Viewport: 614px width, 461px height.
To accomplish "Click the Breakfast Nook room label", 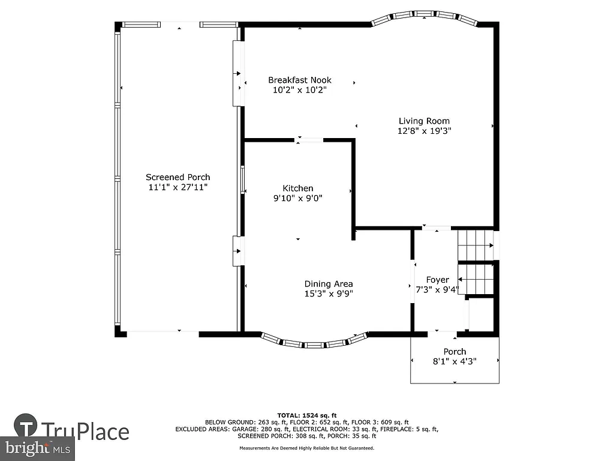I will (299, 80).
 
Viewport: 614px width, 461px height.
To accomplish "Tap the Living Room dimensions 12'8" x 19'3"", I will (424, 130).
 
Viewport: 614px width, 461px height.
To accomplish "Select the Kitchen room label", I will (298, 188).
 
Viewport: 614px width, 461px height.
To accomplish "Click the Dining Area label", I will (328, 284).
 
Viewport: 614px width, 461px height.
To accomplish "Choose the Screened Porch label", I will (178, 177).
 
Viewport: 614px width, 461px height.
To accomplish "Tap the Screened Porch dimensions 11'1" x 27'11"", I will (178, 187).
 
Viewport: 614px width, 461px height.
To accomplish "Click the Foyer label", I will (437, 280).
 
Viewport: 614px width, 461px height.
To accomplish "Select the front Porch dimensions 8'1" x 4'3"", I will (455, 361).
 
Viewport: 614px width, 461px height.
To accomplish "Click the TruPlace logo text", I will (85, 432).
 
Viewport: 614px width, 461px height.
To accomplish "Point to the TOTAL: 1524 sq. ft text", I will (307, 415).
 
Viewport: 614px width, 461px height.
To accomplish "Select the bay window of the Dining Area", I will (315, 343).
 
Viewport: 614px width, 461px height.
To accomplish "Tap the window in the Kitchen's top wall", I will (309, 140).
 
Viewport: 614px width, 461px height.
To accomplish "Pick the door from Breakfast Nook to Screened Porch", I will (238, 74).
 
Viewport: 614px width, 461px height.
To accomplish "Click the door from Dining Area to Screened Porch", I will (238, 250).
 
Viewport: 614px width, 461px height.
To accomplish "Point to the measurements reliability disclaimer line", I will (307, 448).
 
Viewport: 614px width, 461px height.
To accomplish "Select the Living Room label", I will (424, 121).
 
